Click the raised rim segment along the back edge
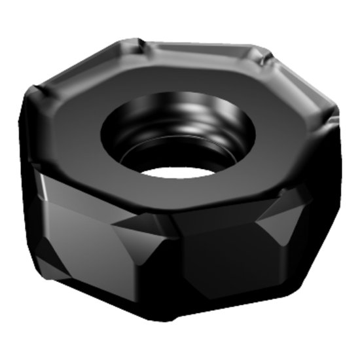pyautogui.click(x=196, y=50)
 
